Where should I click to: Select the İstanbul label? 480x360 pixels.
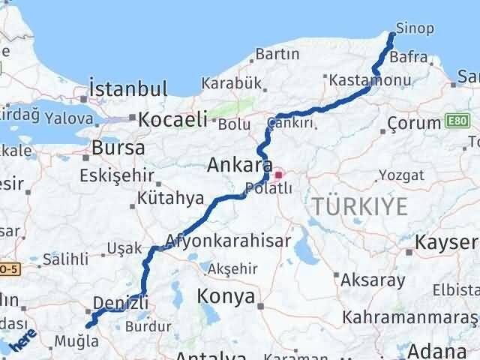pos(127,89)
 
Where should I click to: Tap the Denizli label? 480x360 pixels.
pos(121,303)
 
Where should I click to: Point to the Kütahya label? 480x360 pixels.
pos(171,199)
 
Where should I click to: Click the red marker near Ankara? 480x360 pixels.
pos(278,175)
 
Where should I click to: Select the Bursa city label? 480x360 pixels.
pos(118,148)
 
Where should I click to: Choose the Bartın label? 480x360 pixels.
pos(277,54)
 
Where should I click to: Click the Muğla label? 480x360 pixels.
pos(76,341)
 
